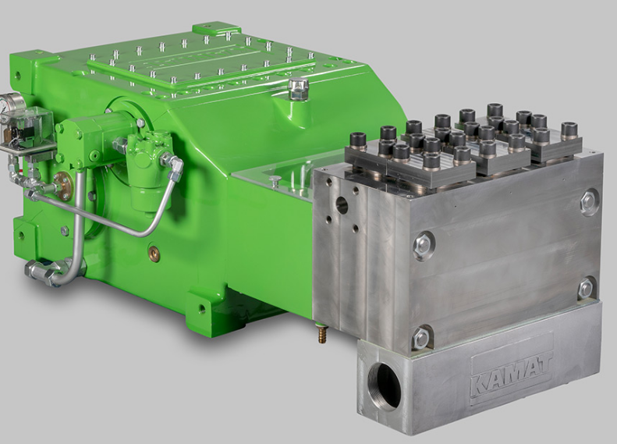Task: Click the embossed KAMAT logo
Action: point(512,373)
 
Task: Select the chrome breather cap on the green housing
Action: point(297,90)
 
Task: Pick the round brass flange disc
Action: point(62,183)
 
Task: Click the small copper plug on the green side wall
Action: point(153,250)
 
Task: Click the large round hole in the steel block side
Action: point(342,205)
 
